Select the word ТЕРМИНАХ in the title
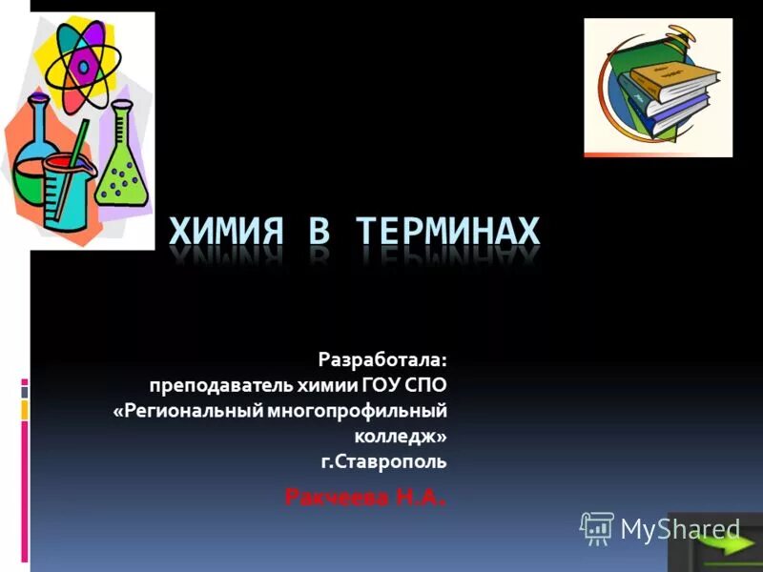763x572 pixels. [447, 232]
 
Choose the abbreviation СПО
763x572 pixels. [427, 385]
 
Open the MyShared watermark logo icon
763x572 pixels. [597, 527]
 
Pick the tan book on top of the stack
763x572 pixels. [673, 76]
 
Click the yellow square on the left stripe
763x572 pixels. [25, 410]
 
